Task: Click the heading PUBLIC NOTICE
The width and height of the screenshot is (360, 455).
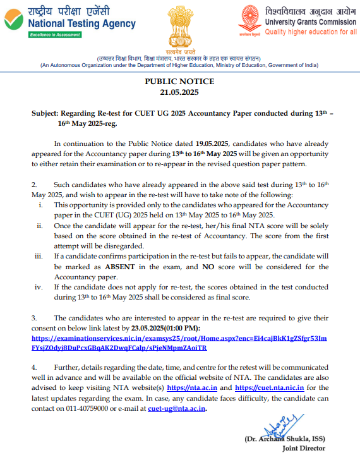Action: (x=179, y=82)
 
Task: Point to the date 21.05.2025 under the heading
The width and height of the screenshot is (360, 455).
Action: (x=179, y=92)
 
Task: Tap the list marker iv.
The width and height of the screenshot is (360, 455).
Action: (x=42, y=287)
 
